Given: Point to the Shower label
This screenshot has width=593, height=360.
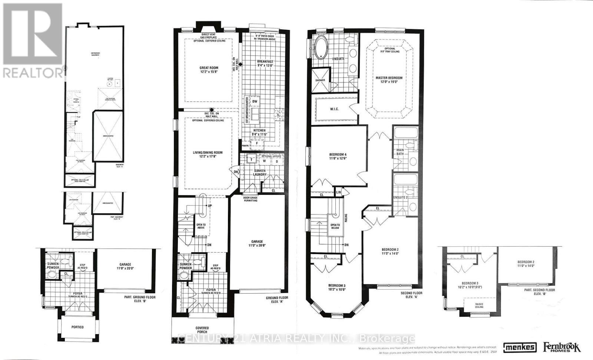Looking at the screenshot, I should click(x=320, y=80).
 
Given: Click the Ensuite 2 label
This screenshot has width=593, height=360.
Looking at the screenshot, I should click(x=401, y=197).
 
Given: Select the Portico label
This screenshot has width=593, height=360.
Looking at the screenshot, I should click(x=77, y=327).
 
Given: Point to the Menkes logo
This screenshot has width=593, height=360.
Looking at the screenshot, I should click(x=520, y=347).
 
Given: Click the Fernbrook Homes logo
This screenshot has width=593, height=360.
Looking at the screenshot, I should click(x=561, y=347).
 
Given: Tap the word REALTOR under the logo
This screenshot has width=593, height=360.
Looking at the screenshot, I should click(x=32, y=73).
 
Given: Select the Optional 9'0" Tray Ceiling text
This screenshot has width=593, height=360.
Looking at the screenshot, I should click(x=390, y=50).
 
